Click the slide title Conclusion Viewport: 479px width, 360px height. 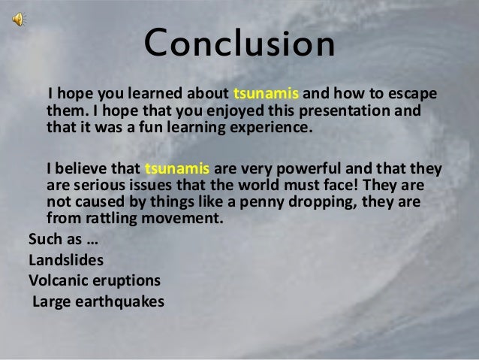pyautogui.click(x=239, y=44)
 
